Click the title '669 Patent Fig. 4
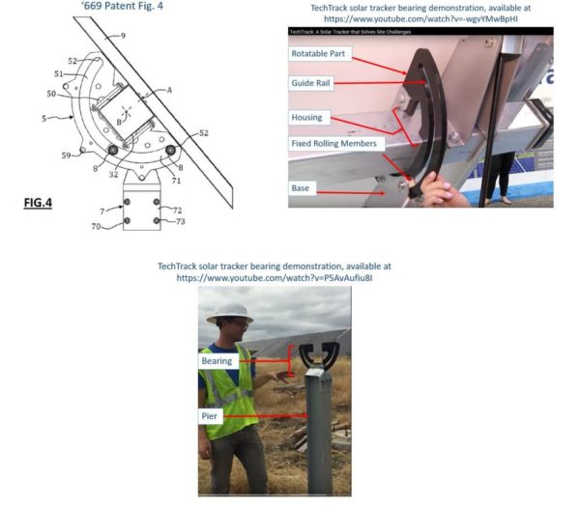120,7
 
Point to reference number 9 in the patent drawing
122,36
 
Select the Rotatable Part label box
318,54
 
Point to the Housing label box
306,118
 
